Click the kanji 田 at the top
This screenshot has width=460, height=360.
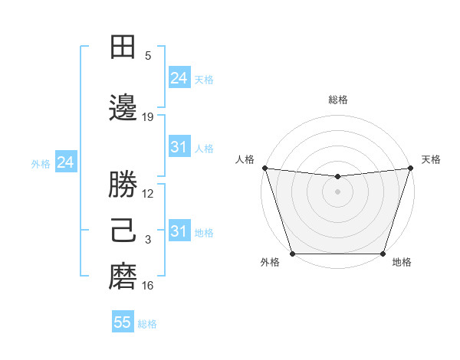pyautogui.click(x=123, y=47)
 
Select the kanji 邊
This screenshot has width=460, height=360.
pyautogui.click(x=123, y=110)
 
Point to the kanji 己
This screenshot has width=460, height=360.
pyautogui.click(x=123, y=232)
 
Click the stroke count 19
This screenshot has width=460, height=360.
pyautogui.click(x=148, y=117)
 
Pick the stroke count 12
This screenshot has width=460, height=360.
pyautogui.click(x=148, y=193)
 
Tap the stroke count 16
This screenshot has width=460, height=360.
pyautogui.click(x=148, y=286)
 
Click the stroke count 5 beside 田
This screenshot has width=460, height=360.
pyautogui.click(x=148, y=55)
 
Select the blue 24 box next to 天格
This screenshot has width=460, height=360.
pyautogui.click(x=179, y=77)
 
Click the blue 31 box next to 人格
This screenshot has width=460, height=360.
pyautogui.click(x=179, y=147)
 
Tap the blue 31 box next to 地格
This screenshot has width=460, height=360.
pyautogui.click(x=179, y=231)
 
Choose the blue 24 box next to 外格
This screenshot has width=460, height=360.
pyautogui.click(x=65, y=162)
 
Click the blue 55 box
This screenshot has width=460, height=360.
pyautogui.click(x=123, y=322)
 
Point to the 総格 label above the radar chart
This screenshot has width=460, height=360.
pyautogui.click(x=337, y=100)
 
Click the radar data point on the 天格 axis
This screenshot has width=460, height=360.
pyautogui.click(x=410, y=168)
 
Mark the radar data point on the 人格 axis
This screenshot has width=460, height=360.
pyautogui.click(x=264, y=168)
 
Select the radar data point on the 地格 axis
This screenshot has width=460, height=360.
pyautogui.click(x=383, y=253)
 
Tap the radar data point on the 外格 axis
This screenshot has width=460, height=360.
pyautogui.click(x=292, y=253)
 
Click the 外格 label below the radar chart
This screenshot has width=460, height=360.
pyautogui.click(x=271, y=263)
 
